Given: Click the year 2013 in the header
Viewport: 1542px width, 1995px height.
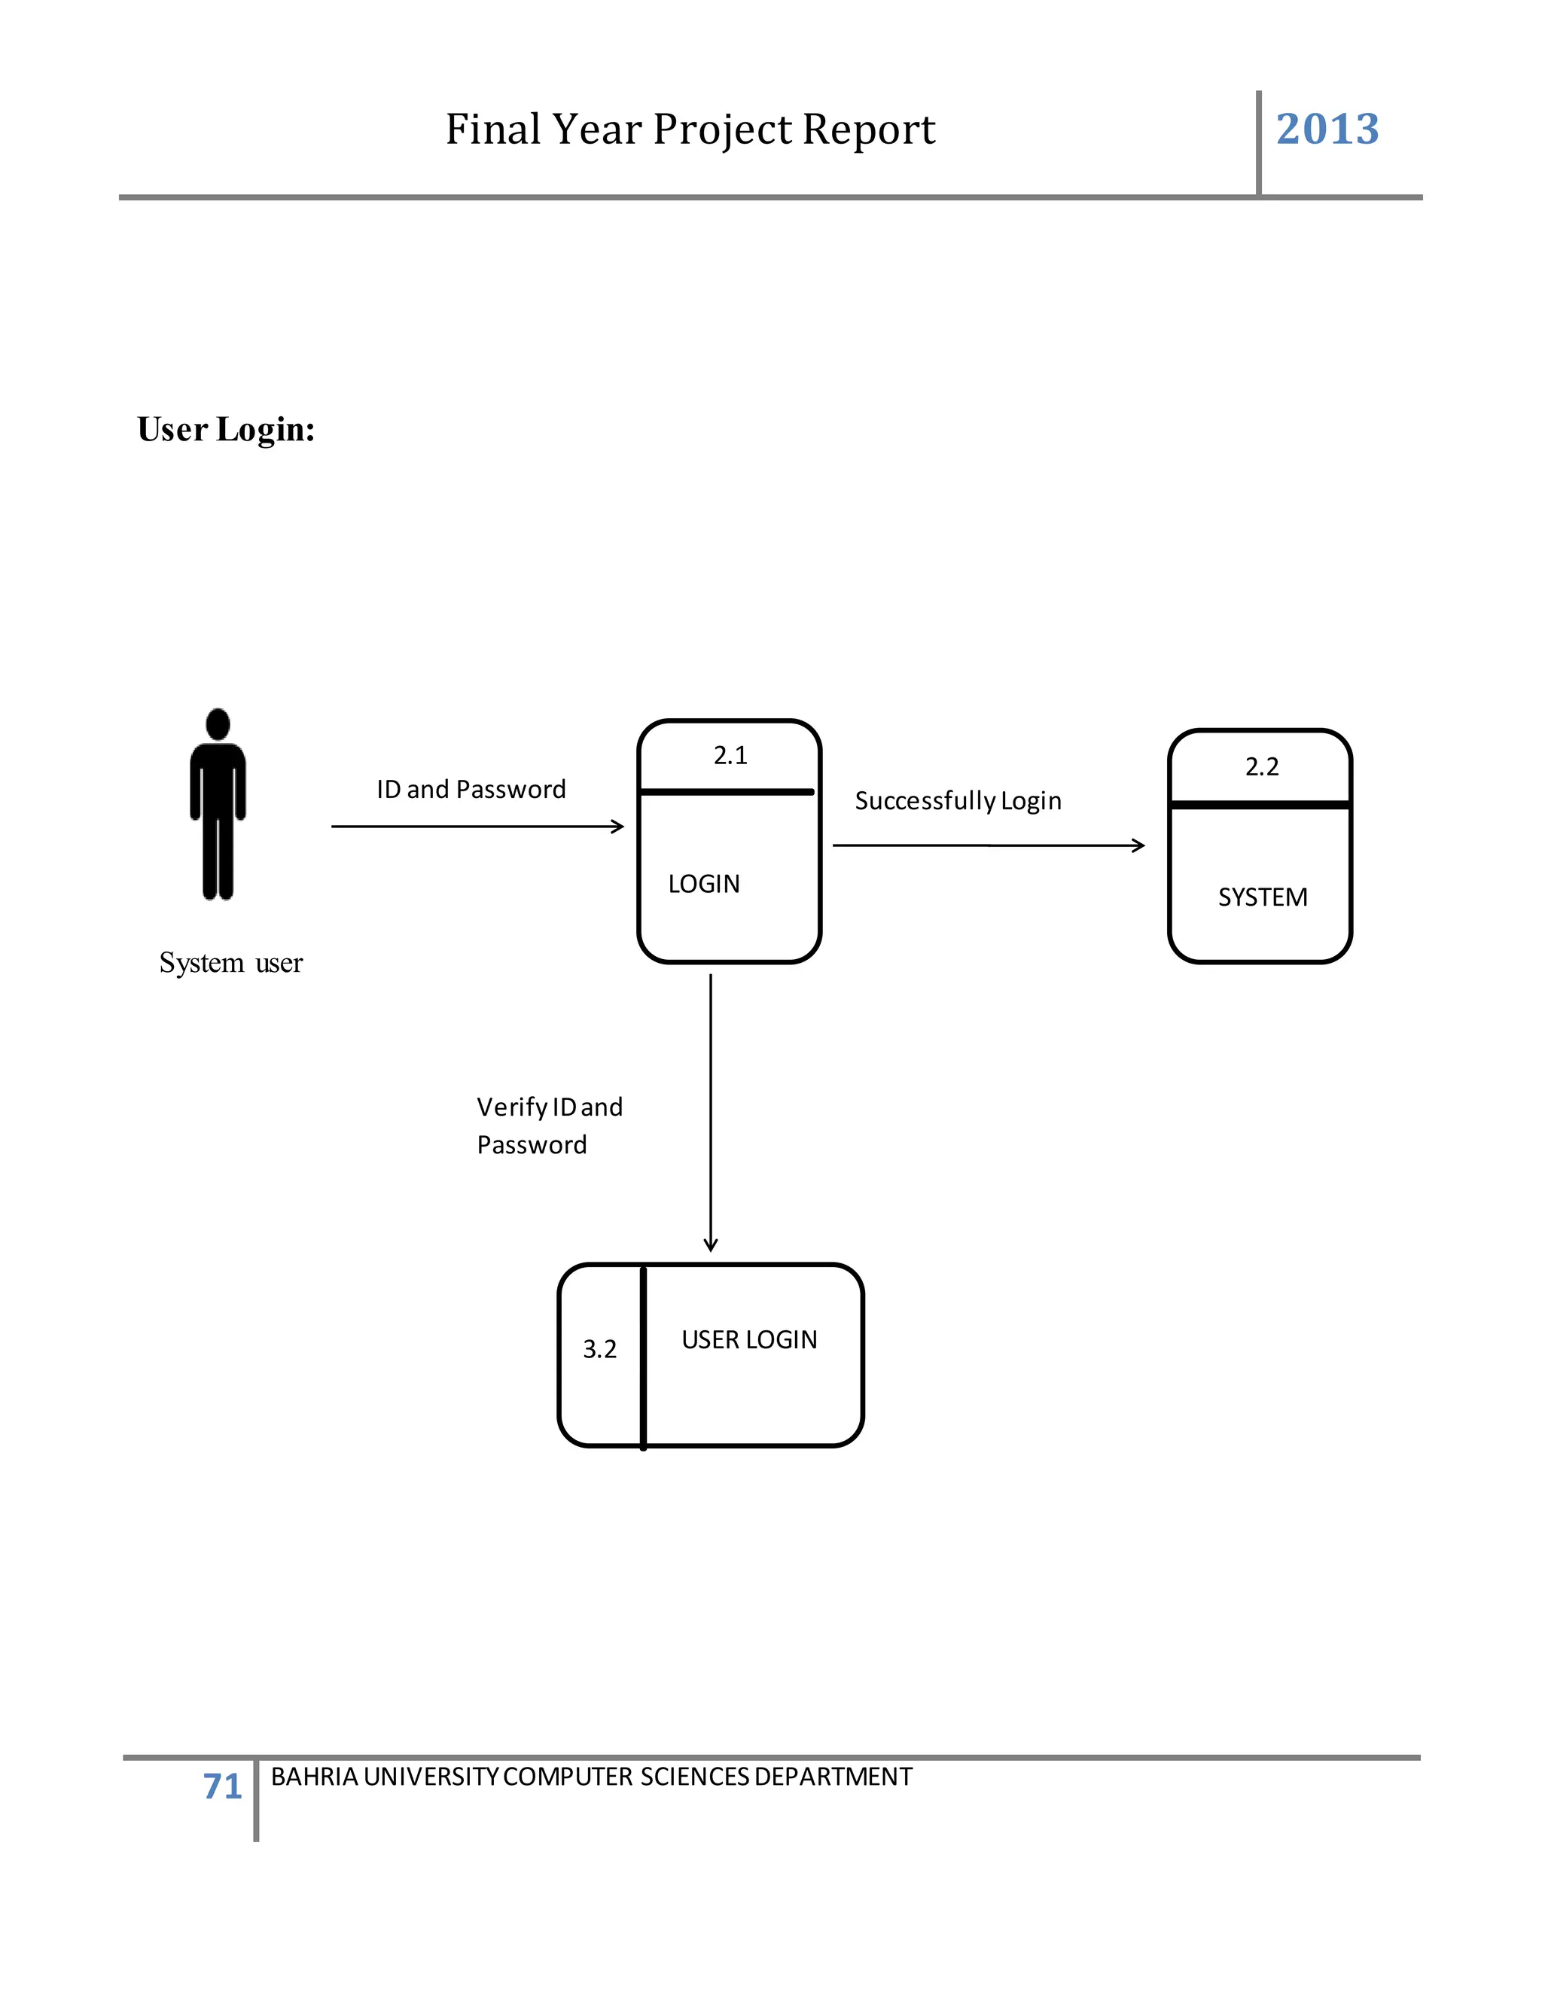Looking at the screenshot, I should click(x=1327, y=129).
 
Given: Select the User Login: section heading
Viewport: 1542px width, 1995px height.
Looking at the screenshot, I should click(x=226, y=429).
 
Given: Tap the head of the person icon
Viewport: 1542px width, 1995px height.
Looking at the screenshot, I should click(x=218, y=723).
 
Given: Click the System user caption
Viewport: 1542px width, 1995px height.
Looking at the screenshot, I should click(x=230, y=963).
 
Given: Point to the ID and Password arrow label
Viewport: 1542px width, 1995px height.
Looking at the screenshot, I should click(x=471, y=789).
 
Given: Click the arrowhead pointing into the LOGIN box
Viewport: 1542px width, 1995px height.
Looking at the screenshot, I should click(x=618, y=827).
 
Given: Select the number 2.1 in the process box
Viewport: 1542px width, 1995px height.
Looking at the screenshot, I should click(x=730, y=755).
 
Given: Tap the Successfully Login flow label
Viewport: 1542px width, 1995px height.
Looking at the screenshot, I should click(x=958, y=801).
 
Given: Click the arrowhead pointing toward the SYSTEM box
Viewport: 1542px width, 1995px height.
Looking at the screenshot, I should click(x=1138, y=846).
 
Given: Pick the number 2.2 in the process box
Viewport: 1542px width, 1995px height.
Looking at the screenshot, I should click(x=1262, y=767).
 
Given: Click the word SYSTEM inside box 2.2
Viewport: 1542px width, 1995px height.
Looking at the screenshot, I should click(x=1263, y=898).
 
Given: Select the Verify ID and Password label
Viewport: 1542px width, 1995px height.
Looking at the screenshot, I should click(x=548, y=1125).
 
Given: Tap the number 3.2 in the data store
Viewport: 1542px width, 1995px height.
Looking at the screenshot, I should click(x=599, y=1349).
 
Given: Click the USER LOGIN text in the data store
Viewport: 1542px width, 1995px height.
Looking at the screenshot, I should click(x=749, y=1340).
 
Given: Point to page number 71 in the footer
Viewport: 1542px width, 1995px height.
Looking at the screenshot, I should click(x=222, y=1786).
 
